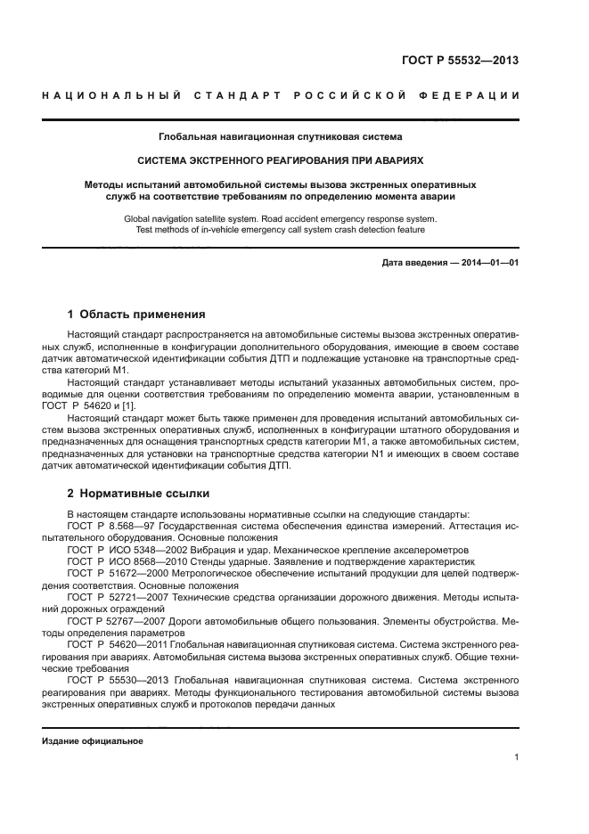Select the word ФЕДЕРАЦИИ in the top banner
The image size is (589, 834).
coord(471,95)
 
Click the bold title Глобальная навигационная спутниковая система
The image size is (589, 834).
coord(280,137)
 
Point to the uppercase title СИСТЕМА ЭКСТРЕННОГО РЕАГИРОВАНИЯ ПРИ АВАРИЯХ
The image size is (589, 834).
coord(280,161)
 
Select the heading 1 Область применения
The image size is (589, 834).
coord(137,315)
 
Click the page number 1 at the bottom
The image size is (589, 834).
coord(516,757)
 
